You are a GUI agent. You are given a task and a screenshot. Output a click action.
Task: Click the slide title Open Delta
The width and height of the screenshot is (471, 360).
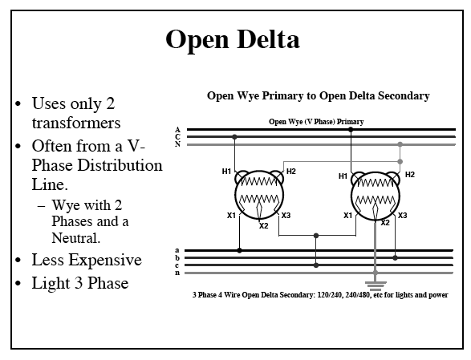click(233, 39)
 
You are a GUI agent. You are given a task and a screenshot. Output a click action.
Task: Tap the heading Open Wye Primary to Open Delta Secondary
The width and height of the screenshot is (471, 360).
click(318, 95)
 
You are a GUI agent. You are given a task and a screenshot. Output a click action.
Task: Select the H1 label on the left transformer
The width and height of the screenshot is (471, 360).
click(226, 171)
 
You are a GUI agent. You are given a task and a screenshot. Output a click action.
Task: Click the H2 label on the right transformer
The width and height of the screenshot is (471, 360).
click(410, 175)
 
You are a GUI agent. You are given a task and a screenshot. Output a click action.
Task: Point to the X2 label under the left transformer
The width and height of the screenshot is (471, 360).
click(263, 226)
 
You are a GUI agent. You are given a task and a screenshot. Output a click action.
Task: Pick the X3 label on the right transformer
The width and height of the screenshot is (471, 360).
click(402, 216)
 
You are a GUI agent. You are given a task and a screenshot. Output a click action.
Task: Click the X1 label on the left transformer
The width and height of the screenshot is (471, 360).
click(231, 216)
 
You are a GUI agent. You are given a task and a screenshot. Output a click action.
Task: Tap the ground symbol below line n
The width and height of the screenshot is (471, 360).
click(376, 286)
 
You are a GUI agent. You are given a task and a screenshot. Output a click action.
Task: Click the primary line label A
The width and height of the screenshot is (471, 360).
click(178, 129)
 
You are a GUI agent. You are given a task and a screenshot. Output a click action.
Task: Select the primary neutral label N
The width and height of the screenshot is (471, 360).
click(178, 144)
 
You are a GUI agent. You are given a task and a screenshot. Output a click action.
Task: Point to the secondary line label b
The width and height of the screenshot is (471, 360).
click(177, 257)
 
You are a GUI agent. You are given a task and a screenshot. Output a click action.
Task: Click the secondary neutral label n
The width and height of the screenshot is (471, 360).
click(177, 273)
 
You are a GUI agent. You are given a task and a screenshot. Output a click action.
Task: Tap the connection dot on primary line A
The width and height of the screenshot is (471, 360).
click(351, 130)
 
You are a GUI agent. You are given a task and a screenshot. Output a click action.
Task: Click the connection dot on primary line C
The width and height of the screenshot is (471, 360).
click(234, 137)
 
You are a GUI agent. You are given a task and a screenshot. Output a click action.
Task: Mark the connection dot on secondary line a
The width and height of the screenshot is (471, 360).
click(239, 250)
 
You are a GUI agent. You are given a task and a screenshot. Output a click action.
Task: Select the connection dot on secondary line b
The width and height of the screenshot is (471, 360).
click(395, 258)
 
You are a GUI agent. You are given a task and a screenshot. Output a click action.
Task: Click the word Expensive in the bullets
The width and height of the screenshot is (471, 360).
click(105, 260)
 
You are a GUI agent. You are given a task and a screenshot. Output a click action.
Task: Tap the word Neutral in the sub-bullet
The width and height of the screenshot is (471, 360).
click(75, 238)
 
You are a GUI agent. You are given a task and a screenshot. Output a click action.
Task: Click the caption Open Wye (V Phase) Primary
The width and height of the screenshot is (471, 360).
click(316, 122)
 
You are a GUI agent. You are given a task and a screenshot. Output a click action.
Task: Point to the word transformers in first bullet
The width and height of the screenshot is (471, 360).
click(76, 123)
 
